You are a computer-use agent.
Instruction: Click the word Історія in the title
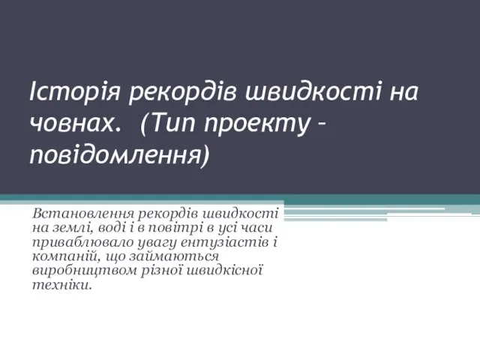tap(75, 91)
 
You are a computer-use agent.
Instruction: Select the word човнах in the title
tap(73, 123)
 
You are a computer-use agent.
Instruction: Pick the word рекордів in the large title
tap(182, 91)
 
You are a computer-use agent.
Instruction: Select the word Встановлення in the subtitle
tap(82, 213)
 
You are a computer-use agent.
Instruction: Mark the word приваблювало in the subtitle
tap(82, 243)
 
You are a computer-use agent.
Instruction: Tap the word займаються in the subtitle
tap(174, 257)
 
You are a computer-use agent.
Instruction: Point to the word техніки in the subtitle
tap(62, 285)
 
